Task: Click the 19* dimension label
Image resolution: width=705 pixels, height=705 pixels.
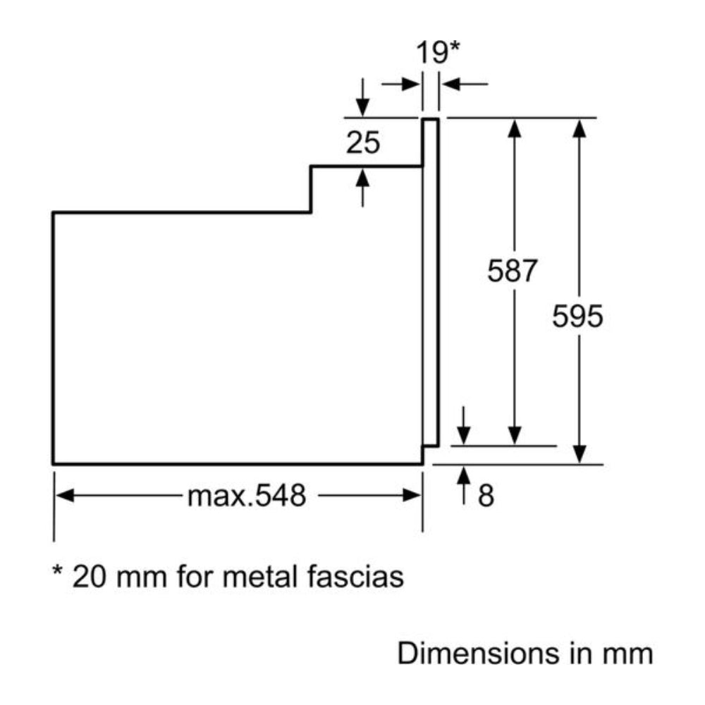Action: (437, 53)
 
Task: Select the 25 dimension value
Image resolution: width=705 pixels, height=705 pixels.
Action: (363, 143)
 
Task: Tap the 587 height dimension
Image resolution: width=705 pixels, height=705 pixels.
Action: (513, 271)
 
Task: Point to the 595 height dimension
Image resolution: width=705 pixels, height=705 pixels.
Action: (577, 316)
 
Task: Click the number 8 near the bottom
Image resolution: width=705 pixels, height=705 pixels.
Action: (486, 496)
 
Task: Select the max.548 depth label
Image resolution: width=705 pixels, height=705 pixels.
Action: (247, 496)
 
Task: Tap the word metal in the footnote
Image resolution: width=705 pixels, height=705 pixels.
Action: (260, 577)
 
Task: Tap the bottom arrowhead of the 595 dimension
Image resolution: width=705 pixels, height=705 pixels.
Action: (580, 455)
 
